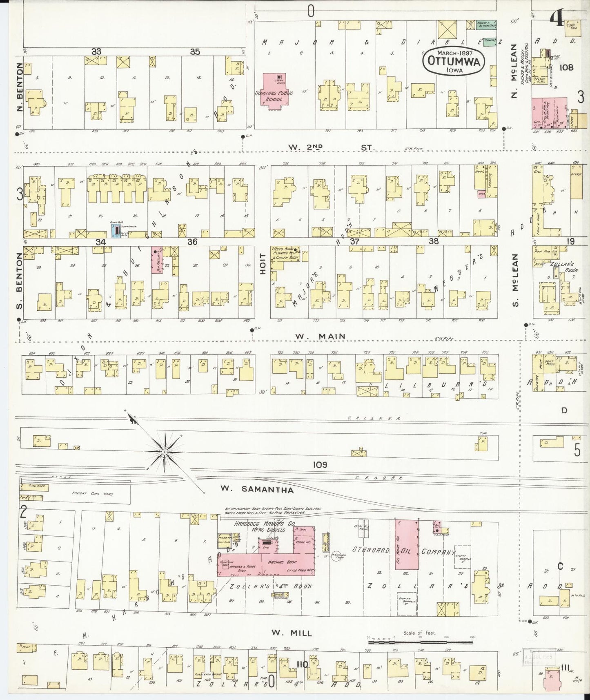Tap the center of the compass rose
pyautogui.click(x=164, y=452)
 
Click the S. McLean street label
pyautogui.click(x=515, y=280)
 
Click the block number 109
pyautogui.click(x=320, y=464)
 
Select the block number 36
pyautogui.click(x=192, y=242)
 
